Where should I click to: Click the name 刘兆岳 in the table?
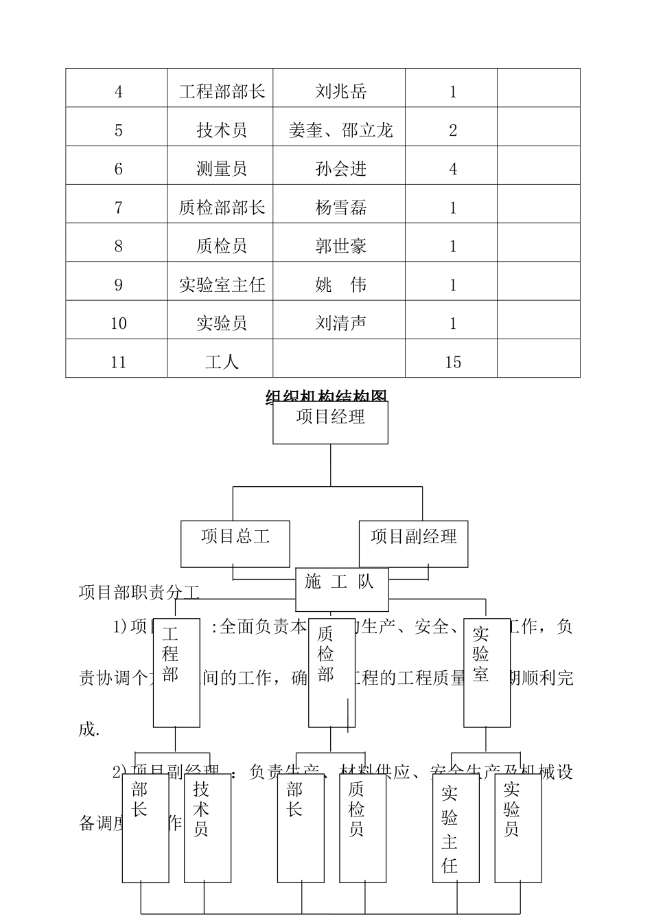coord(340,91)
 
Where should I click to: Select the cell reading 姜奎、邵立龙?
coord(340,130)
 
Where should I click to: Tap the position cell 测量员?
coord(221,169)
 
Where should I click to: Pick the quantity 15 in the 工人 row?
coord(452,362)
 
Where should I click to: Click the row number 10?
coord(118,323)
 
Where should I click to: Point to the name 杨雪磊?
coord(340,207)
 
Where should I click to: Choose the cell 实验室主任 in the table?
coord(221,284)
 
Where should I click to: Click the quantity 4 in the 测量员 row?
coord(452,169)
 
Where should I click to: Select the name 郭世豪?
coord(340,246)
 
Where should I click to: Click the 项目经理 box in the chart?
coord(330,422)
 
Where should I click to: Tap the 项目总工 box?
coord(235,543)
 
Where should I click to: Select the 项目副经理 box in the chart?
coord(413,543)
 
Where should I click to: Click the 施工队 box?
coord(342,589)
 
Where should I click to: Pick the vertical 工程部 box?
coord(176,672)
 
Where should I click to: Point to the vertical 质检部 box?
coord(331,672)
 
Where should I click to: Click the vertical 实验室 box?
coord(487,672)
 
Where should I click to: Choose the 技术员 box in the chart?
coord(207,828)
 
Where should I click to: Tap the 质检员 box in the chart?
coord(362,828)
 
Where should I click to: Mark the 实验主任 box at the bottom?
coord(455,828)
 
